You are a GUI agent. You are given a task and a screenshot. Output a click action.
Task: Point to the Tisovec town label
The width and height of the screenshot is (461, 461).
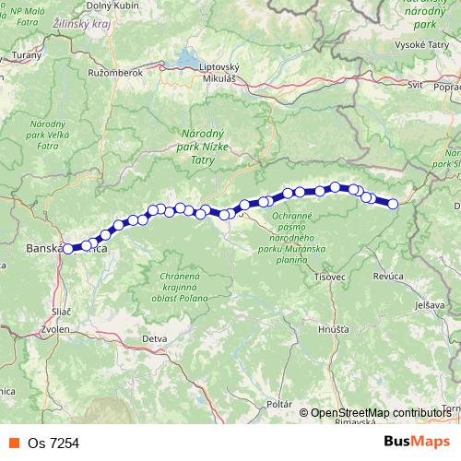(x=328, y=277)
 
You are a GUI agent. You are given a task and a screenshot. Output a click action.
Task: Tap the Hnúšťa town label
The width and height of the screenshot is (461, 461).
(x=333, y=328)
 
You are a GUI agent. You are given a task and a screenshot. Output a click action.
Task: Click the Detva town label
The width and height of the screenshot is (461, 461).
(x=155, y=338)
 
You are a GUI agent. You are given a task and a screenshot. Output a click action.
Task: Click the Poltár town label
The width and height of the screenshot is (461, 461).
(x=278, y=405)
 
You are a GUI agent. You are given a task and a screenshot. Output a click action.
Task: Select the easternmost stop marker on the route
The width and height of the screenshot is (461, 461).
(x=394, y=204)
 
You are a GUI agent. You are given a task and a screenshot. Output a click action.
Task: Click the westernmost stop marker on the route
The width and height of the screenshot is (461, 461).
(x=67, y=248)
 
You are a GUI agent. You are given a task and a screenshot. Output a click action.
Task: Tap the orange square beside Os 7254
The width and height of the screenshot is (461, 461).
(x=13, y=443)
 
